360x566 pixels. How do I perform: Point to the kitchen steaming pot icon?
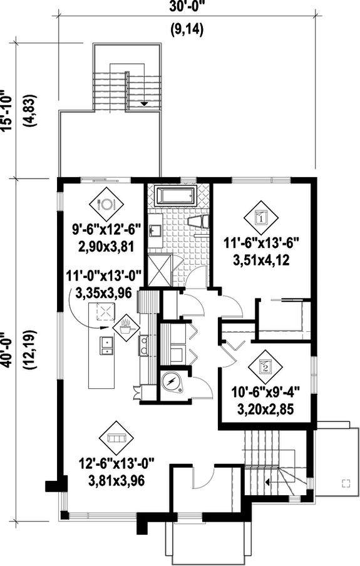[125, 325]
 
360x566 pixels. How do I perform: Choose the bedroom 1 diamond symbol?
[261, 217]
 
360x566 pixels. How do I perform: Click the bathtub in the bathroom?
[176, 196]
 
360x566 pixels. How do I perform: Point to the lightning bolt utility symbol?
[170, 382]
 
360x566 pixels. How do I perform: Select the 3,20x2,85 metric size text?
[262, 411]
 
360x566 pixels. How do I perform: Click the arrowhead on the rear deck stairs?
[145, 104]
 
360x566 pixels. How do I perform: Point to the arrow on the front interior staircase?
[267, 482]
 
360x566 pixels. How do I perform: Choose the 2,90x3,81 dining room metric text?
[105, 246]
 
